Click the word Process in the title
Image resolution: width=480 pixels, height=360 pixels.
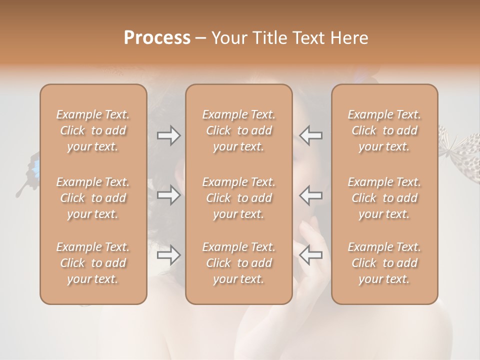[x=157, y=38]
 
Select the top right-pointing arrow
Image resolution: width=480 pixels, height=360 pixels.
[x=168, y=135]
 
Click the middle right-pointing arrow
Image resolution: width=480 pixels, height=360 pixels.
[x=168, y=195]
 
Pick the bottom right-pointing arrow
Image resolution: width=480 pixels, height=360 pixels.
[x=168, y=255]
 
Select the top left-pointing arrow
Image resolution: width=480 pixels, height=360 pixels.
[x=311, y=135]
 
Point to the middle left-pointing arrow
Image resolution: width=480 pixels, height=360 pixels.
[x=311, y=195]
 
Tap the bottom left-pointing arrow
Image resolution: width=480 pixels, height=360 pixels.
[x=311, y=255]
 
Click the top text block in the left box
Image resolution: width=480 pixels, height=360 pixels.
[x=93, y=130]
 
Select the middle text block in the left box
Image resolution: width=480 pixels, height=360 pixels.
[x=93, y=198]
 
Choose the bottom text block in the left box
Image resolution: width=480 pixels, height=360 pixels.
[x=93, y=263]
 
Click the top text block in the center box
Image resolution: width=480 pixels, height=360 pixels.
[x=239, y=130]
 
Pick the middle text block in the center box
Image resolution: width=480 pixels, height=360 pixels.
[x=239, y=198]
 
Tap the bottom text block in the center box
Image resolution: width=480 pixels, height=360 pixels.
[x=239, y=263]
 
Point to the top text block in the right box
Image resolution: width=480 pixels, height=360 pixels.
[x=384, y=130]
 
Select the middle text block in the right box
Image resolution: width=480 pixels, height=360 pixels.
[x=384, y=198]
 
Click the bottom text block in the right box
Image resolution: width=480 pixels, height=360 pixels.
[x=384, y=263]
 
